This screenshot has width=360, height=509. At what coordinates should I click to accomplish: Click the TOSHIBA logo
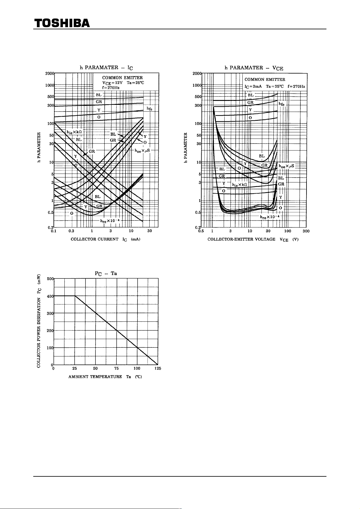pos(62,23)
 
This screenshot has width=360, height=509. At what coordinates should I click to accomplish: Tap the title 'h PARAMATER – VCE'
pos(254,68)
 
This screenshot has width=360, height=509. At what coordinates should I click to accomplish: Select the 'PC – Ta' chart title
pos(106,273)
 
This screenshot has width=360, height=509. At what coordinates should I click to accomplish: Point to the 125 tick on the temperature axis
pos(158,368)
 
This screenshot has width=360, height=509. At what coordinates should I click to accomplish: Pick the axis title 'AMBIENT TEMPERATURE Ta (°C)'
pos(105,377)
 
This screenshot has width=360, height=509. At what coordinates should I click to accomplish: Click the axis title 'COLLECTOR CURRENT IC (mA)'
pos(105,239)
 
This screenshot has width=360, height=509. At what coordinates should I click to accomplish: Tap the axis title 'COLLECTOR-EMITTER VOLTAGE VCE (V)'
pos(253,239)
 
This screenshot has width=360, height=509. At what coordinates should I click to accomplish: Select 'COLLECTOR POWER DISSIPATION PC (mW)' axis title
pos(39,321)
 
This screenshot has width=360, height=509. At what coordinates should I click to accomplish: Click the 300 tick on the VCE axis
pos(306,231)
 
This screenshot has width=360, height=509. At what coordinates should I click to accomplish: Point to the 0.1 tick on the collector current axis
pos(54,231)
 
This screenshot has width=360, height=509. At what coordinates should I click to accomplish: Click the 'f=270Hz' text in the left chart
pos(111,87)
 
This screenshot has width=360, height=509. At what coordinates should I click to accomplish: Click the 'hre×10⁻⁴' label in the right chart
pos(270,217)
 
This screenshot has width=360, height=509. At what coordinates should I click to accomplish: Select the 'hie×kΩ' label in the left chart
pos(74,132)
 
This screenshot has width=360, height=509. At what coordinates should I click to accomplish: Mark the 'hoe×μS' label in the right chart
pos(287,166)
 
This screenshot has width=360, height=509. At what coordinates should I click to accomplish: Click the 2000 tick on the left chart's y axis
pos(49,73)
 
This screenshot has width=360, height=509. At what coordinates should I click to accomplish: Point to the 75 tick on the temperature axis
pos(116,368)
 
